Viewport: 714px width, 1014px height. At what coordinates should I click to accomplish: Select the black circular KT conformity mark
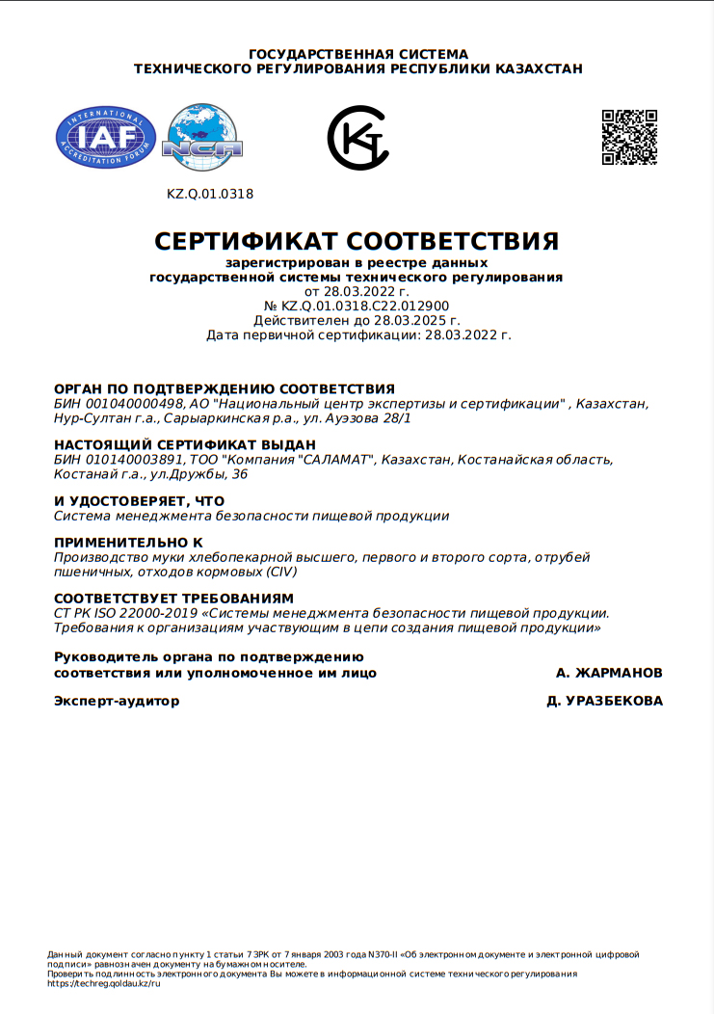click(357, 138)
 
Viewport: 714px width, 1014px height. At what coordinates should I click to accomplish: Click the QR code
click(629, 137)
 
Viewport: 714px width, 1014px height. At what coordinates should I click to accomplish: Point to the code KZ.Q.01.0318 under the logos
click(210, 194)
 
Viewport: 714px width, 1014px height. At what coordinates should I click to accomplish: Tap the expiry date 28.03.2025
click(408, 320)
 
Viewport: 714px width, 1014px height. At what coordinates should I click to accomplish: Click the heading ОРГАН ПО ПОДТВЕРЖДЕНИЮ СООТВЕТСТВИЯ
click(225, 388)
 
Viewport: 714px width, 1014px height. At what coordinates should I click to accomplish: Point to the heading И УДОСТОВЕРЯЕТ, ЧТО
click(139, 501)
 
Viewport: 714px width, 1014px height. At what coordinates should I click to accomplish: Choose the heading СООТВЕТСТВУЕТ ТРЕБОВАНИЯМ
click(173, 599)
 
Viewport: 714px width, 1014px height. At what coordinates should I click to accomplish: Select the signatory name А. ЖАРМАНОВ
click(609, 672)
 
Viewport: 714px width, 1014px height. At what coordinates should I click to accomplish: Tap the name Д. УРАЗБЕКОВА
click(604, 701)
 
